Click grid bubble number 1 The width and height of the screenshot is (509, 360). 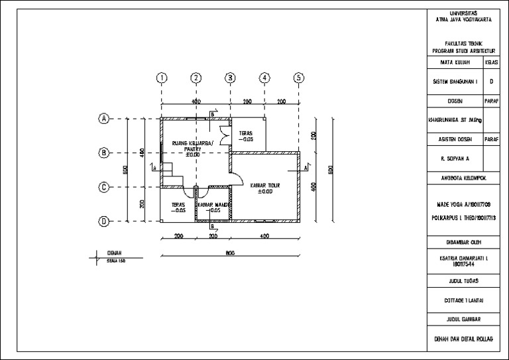[161, 78]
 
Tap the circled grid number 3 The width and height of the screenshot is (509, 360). [230, 78]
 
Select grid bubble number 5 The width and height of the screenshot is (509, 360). [299, 78]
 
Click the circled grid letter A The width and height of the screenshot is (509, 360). [104, 119]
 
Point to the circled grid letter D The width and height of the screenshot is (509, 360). [104, 221]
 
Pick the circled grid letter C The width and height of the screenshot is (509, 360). [104, 187]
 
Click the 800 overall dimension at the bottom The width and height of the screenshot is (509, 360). [230, 253]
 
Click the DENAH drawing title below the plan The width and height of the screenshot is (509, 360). [114, 253]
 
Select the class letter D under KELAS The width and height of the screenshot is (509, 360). [491, 82]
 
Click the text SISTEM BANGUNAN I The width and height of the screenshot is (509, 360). [455, 82]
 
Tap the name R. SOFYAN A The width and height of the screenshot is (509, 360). [455, 159]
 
